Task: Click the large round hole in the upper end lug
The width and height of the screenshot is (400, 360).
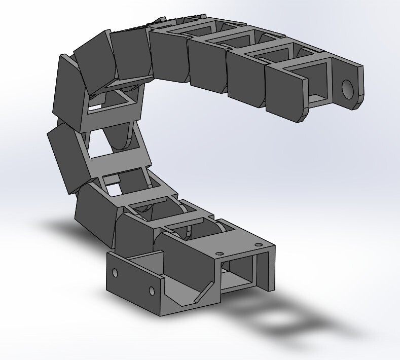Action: tap(347, 89)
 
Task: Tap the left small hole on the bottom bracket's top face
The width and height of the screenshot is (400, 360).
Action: tap(219, 253)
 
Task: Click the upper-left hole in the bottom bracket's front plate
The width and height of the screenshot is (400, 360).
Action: tap(115, 273)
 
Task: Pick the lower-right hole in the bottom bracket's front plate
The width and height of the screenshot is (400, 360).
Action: tap(151, 291)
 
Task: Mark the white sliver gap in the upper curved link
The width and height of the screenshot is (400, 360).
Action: tap(94, 107)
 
